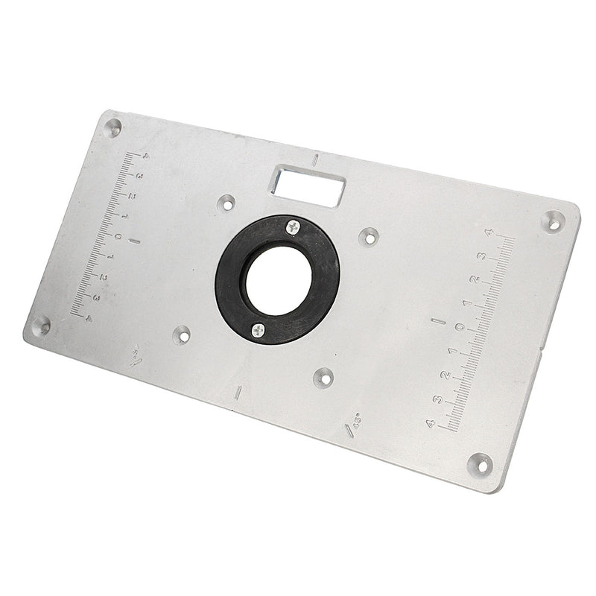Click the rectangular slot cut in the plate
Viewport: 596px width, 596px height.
coord(308,185)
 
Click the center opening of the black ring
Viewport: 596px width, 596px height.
coord(278,280)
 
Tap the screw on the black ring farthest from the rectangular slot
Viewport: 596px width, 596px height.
coord(258,330)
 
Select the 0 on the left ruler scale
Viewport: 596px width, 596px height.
coord(118,236)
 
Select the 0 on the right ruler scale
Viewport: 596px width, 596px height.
coord(460,326)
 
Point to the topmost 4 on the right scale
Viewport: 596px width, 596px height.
coord(489,233)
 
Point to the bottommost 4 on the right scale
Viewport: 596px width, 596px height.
coord(430,423)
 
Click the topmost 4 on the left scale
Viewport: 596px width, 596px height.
coord(146,156)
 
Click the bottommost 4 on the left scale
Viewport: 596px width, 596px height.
coord(89,318)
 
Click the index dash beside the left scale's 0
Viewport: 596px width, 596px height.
coord(135,241)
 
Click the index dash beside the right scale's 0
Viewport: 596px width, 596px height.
coord(439,322)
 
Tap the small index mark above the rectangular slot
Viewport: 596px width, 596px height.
coord(316,159)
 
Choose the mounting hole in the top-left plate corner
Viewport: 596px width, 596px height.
coord(112,127)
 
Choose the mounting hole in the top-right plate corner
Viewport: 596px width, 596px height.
coord(552,221)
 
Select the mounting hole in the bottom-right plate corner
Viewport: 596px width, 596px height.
coord(480,463)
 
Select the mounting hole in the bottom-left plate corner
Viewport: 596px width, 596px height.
coord(40,326)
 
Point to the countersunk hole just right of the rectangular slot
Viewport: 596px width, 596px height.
coord(368,237)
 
